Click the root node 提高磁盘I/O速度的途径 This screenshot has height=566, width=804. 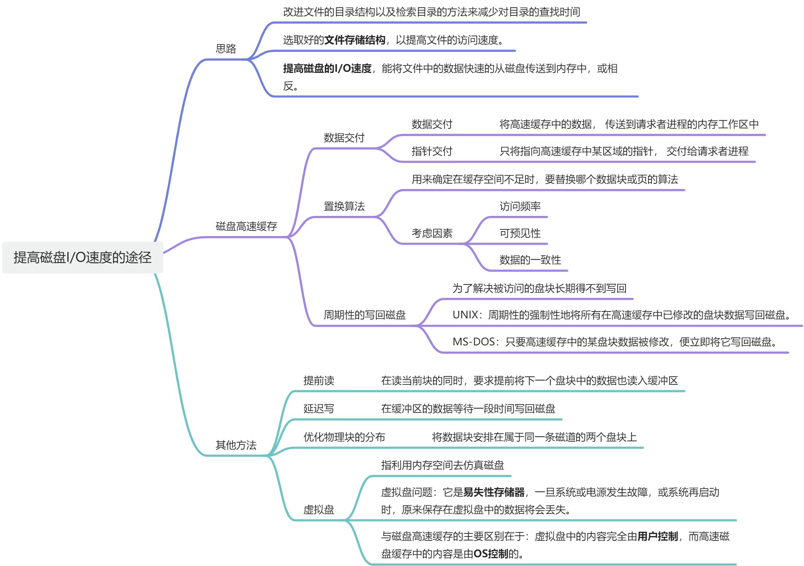pyautogui.click(x=82, y=257)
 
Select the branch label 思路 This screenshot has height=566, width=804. pyautogui.click(x=226, y=49)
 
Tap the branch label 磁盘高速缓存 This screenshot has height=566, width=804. pyautogui.click(x=246, y=226)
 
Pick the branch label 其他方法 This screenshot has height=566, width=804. pyautogui.click(x=236, y=445)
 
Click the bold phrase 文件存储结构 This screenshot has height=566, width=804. pyautogui.click(x=355, y=40)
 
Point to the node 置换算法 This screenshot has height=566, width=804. pyautogui.click(x=344, y=206)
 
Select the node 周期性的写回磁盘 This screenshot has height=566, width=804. pyautogui.click(x=364, y=315)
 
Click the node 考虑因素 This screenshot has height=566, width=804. pyautogui.click(x=432, y=233)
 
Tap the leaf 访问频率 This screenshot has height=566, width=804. pyautogui.click(x=520, y=206)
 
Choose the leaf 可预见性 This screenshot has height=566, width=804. pyautogui.click(x=520, y=233)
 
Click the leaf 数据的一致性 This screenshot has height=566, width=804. pyautogui.click(x=530, y=260)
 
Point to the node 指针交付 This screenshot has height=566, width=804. pyautogui.click(x=432, y=151)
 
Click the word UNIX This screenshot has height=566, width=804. pyautogui.click(x=466, y=315)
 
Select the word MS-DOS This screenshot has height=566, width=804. pyautogui.click(x=474, y=342)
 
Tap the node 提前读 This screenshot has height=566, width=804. pyautogui.click(x=319, y=381)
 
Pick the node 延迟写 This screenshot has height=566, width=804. pyautogui.click(x=319, y=409)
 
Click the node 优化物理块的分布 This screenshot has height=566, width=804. pyautogui.click(x=344, y=437)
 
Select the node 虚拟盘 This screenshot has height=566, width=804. pyautogui.click(x=319, y=509)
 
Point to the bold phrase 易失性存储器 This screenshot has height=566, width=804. pyautogui.click(x=494, y=492)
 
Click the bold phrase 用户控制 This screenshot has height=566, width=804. pyautogui.click(x=657, y=536)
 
